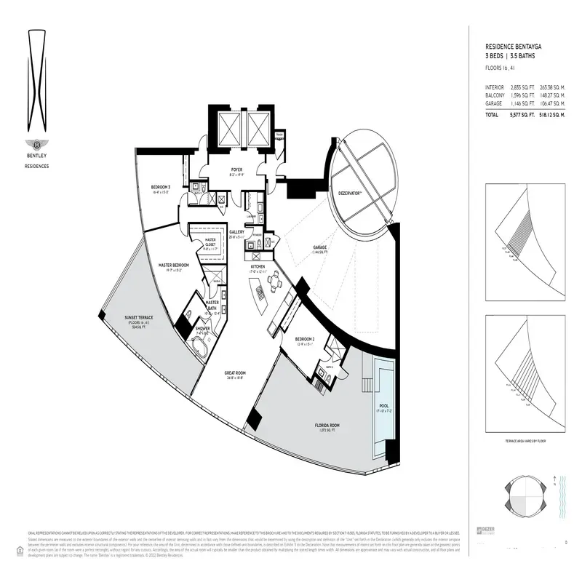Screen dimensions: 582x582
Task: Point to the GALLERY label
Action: point(236,232)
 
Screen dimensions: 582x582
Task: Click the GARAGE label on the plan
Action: point(319,247)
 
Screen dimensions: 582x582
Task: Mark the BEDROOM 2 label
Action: point(305,339)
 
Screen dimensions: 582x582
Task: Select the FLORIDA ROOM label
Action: point(328,425)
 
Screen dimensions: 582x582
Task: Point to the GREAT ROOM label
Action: point(236,373)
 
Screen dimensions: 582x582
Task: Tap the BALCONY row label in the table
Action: point(495,95)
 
